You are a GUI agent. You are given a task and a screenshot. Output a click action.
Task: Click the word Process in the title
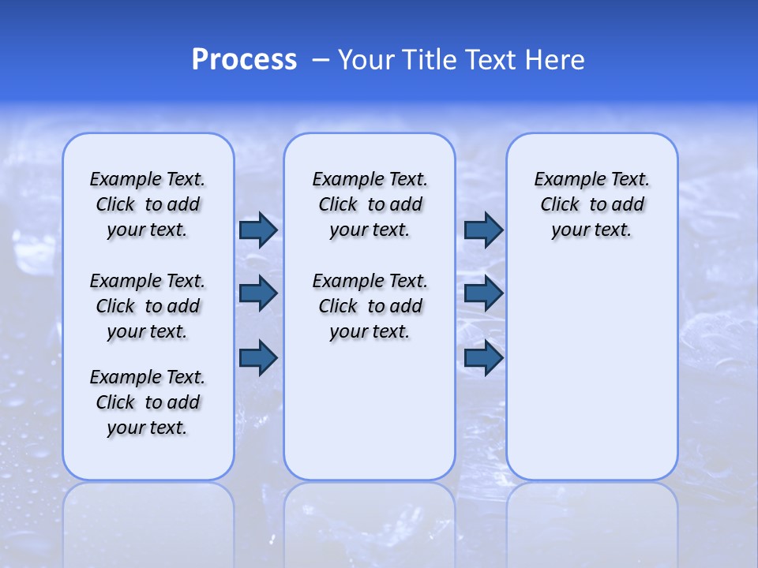click(x=244, y=60)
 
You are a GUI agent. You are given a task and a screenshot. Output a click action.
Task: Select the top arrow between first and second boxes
click(x=258, y=230)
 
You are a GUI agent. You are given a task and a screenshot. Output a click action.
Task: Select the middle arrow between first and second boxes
click(x=258, y=293)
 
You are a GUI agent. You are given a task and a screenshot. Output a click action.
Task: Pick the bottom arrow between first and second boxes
click(x=258, y=358)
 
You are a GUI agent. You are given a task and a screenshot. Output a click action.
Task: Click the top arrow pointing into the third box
click(x=483, y=230)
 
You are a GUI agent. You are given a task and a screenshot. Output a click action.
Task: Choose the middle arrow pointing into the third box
click(x=483, y=293)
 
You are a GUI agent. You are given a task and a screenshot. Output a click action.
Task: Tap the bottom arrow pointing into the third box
click(x=483, y=358)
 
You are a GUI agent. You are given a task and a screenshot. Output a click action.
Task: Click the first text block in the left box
click(x=148, y=204)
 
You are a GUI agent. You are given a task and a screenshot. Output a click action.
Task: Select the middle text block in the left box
click(x=148, y=306)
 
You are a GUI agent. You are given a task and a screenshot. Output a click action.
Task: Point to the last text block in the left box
click(x=148, y=402)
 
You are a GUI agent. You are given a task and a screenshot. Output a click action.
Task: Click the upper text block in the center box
click(x=370, y=204)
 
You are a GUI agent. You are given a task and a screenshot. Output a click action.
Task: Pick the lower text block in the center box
click(x=370, y=306)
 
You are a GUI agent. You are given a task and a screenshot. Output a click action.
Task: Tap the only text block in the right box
click(x=592, y=204)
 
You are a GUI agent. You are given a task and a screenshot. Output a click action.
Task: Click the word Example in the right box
click(x=564, y=180)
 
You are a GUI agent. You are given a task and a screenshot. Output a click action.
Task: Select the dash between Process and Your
click(x=321, y=60)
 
